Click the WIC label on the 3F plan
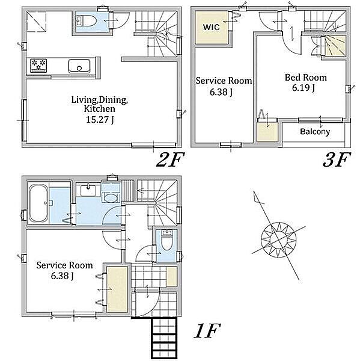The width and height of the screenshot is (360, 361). click(211, 27)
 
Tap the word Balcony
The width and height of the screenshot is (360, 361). click(315, 131)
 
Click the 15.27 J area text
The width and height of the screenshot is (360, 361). click(100, 120)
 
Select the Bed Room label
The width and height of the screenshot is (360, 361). click(306, 78)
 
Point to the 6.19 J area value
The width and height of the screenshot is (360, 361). click(304, 88)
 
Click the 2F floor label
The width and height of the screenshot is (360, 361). click(171, 160)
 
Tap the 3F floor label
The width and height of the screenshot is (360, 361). click(337, 160)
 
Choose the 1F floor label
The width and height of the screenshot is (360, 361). click(207, 330)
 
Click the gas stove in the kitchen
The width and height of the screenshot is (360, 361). click(38, 66)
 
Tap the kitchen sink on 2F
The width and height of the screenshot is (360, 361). click(79, 66)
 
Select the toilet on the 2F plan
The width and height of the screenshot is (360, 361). click(87, 20)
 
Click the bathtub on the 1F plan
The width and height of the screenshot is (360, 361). click(38, 203)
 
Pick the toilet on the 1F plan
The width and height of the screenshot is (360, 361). click(166, 240)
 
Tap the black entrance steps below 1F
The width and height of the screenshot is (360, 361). click(164, 338)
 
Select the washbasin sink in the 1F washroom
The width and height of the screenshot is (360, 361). click(88, 190)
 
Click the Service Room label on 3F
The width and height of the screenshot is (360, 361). click(224, 81)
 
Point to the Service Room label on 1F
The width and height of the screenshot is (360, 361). click(65, 265)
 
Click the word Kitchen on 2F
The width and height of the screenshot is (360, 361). click(100, 109)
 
